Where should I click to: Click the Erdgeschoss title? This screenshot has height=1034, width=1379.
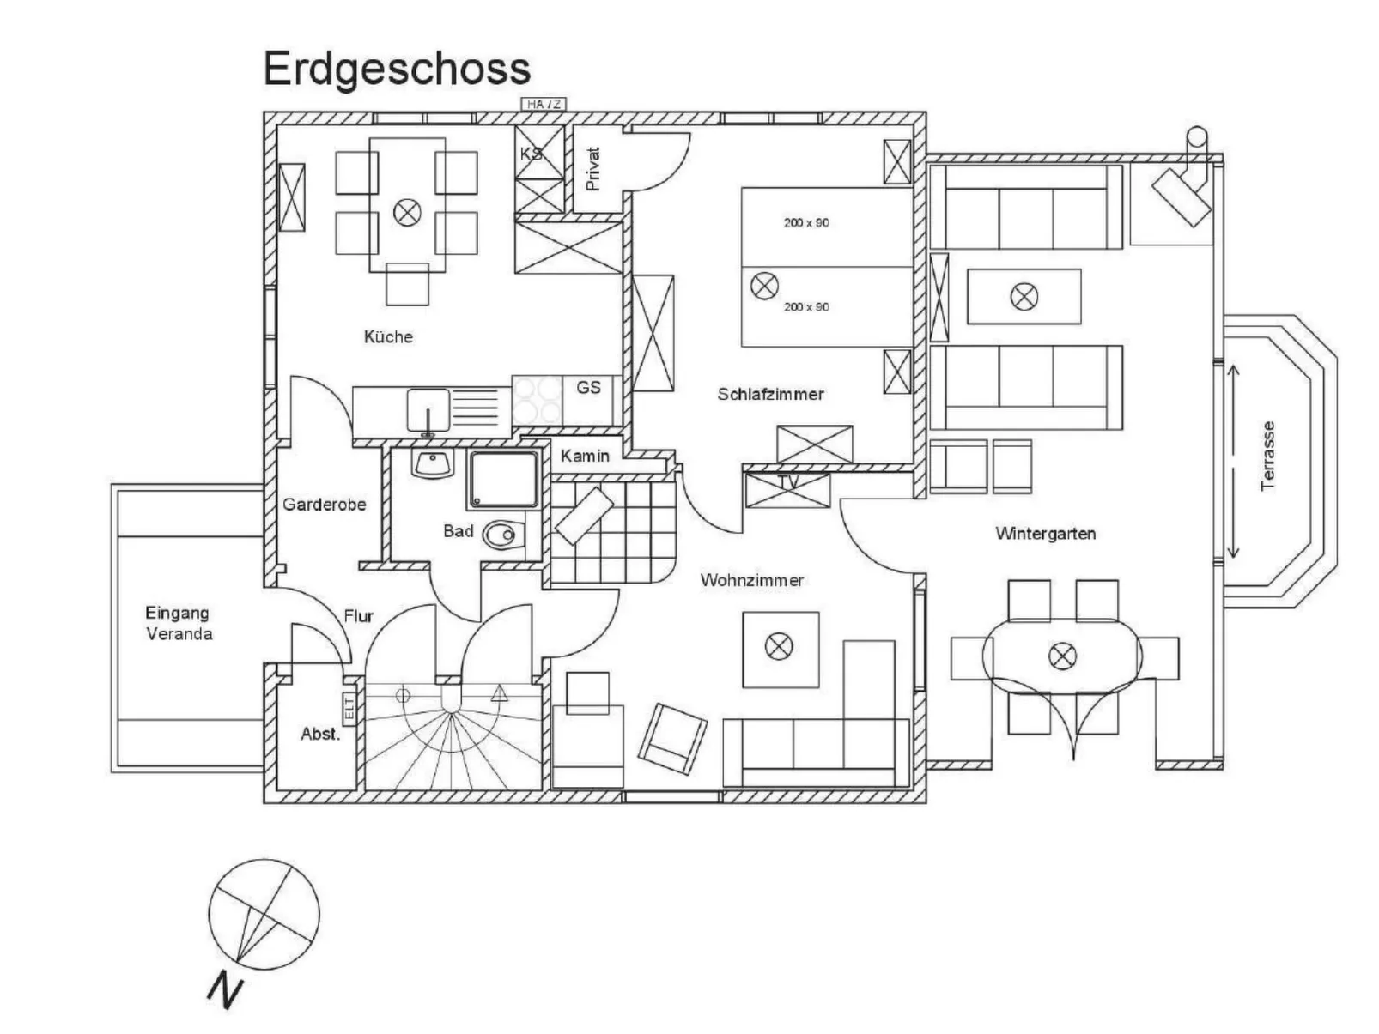(x=397, y=70)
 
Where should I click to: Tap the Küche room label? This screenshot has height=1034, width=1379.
(x=388, y=336)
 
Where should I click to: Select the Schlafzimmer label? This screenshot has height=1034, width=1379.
(x=770, y=394)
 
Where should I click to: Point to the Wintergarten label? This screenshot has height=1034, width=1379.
(x=1045, y=534)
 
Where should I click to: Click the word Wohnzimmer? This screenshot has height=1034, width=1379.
(x=751, y=580)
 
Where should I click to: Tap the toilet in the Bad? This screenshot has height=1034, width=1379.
(x=503, y=535)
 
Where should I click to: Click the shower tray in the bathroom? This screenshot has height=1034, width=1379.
(x=504, y=480)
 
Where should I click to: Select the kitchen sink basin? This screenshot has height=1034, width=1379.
(x=428, y=410)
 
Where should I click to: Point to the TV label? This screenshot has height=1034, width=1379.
(x=788, y=482)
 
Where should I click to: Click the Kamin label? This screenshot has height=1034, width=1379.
(x=585, y=456)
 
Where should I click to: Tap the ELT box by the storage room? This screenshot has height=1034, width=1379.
(x=349, y=708)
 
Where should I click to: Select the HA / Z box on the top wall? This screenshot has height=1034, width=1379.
(x=544, y=104)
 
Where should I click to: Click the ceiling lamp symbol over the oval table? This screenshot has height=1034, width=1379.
(x=1062, y=656)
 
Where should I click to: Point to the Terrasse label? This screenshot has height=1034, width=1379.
(x=1267, y=456)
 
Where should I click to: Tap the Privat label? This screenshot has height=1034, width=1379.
(x=592, y=169)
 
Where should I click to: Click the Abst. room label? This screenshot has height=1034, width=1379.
(x=320, y=734)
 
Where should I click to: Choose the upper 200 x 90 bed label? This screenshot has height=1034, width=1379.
(x=806, y=223)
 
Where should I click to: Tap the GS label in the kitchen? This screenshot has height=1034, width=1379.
(x=588, y=387)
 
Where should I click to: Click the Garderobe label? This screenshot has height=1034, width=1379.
(x=325, y=505)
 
